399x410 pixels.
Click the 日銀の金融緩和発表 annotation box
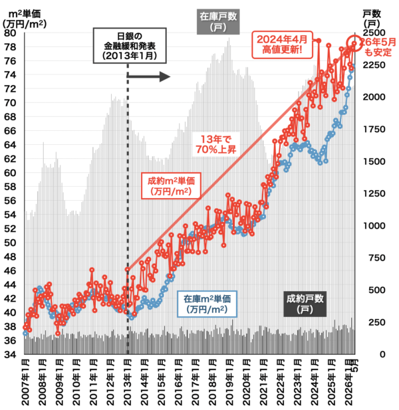point(130,45)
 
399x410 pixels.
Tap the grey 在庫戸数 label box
point(218,22)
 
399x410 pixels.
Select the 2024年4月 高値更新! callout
point(282,45)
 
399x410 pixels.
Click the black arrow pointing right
point(148,76)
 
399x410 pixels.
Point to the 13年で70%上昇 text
point(216,144)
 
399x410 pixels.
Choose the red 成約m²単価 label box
point(171,185)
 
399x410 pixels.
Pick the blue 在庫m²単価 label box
point(207,304)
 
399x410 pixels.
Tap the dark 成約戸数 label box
point(305,304)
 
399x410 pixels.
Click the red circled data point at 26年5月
point(354,43)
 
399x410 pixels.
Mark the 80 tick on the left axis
point(10,33)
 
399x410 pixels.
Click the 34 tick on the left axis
point(10,355)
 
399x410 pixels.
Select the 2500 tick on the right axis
point(374,33)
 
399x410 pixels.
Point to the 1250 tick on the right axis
point(374,193)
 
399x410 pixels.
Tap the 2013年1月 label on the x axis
point(128,382)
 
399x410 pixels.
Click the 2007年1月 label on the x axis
point(25,382)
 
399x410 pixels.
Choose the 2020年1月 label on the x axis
point(247,382)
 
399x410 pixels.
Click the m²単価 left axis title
point(25,19)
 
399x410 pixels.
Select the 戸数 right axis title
point(372,19)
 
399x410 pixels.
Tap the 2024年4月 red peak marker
point(319,41)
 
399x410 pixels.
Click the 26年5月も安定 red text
point(378,47)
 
